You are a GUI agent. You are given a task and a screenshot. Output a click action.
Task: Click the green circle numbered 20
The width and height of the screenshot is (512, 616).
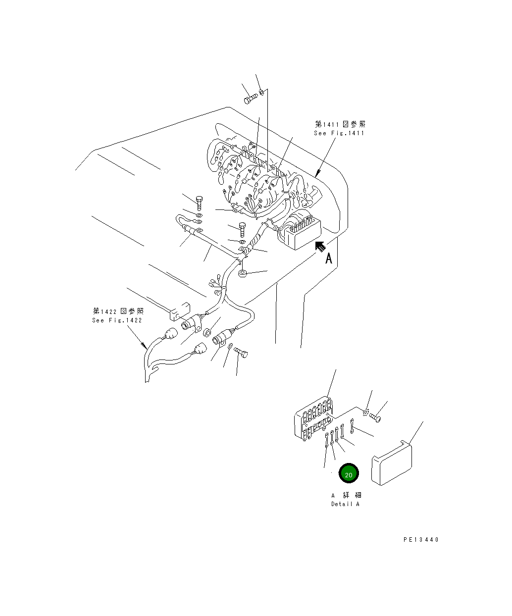pos(348,474)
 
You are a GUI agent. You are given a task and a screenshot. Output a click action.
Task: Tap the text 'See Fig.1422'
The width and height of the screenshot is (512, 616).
pos(117,320)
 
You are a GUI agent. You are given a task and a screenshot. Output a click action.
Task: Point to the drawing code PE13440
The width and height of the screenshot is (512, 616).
pos(420,540)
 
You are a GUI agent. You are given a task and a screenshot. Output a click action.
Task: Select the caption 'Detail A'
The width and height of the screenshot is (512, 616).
pos(345,504)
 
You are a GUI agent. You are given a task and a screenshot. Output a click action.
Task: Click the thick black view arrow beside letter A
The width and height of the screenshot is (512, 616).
pos(320,246)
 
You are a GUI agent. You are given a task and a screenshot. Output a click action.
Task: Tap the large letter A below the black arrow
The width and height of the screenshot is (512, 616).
pos(328,258)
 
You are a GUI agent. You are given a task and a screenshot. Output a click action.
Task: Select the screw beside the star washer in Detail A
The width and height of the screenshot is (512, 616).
pos(376,418)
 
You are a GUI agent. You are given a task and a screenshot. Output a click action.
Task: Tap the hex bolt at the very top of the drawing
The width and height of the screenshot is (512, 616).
pos(250,100)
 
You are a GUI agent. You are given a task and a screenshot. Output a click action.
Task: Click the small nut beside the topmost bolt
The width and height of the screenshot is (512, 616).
pos(261,92)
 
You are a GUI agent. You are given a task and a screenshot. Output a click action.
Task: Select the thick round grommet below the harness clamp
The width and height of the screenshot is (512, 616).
pos(243,273)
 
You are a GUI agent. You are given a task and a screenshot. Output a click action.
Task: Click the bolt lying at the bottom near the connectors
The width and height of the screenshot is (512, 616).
pos(242,353)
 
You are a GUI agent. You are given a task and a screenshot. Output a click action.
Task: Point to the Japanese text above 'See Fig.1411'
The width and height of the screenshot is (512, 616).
pos(341,124)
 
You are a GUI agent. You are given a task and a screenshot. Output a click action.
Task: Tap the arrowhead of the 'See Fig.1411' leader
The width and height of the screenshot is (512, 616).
pos(317,175)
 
